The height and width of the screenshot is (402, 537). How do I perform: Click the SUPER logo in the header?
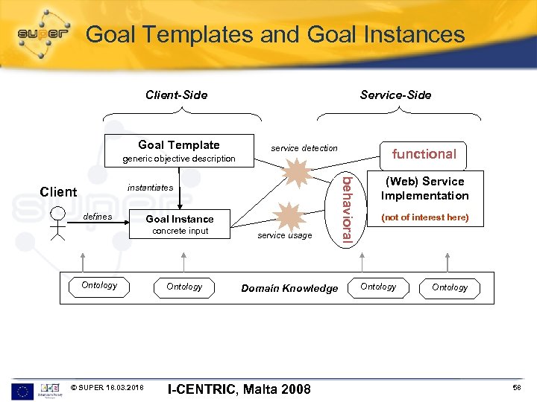tap(43, 34)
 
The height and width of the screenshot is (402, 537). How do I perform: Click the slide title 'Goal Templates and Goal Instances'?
tap(275, 34)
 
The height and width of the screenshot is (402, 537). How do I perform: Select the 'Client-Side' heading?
tap(176, 95)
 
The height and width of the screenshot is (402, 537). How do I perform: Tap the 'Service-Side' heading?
tap(395, 95)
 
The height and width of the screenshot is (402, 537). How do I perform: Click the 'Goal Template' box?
tap(179, 145)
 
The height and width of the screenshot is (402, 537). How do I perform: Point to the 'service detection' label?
tap(304, 148)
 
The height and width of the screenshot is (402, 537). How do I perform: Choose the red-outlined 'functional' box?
tap(424, 154)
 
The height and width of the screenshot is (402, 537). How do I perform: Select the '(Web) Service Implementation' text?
tap(424, 188)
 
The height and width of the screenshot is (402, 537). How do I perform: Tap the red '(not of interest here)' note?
tap(424, 217)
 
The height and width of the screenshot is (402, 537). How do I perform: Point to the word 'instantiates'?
tap(150, 188)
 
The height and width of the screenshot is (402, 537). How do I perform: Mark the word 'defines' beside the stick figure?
tap(98, 217)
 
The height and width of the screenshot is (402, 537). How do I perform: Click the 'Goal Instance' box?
tap(179, 219)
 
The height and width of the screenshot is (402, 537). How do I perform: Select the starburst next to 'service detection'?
tap(298, 173)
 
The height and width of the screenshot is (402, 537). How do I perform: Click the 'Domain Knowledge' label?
tap(289, 288)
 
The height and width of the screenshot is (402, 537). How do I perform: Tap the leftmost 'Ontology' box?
tap(99, 286)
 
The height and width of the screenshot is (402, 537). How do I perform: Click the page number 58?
tap(517, 389)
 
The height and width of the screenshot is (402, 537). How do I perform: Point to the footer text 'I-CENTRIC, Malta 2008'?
tap(239, 389)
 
